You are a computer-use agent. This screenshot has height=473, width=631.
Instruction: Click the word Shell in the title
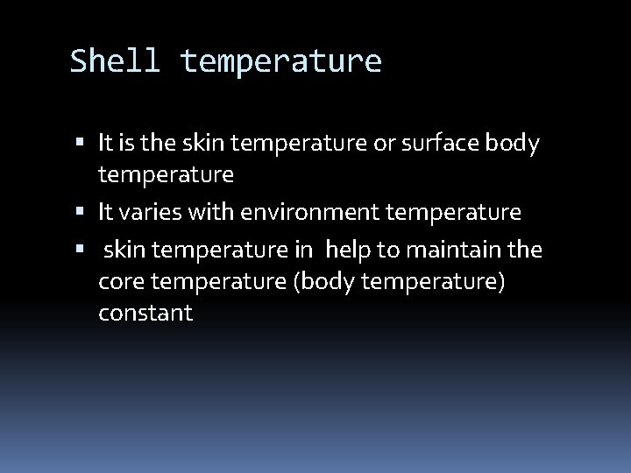(115, 61)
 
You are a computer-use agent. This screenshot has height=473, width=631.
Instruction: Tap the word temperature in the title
(280, 61)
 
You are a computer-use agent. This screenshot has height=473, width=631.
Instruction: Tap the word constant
(146, 314)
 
